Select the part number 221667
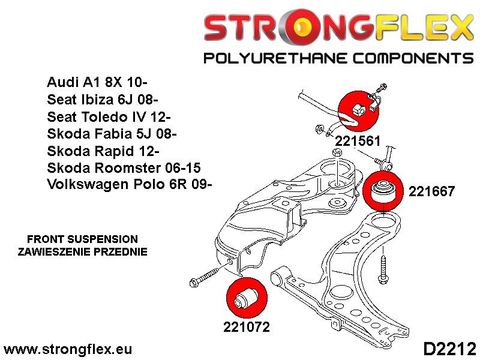coord(431,192)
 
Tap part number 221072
coord(246,328)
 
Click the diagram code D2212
coord(449,349)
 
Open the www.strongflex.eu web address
coord(68,349)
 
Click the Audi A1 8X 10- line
coord(98,82)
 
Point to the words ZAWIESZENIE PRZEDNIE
coord(82,251)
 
